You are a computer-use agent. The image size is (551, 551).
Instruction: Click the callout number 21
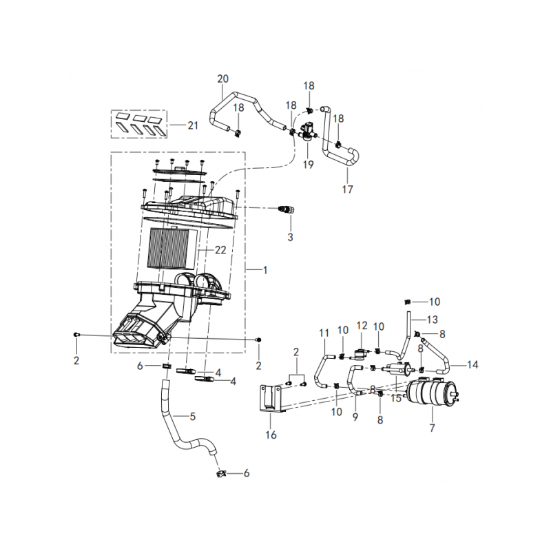(x=193, y=125)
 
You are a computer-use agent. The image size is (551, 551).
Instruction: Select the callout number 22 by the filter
(x=220, y=250)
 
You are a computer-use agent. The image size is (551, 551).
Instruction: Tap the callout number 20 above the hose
(x=222, y=79)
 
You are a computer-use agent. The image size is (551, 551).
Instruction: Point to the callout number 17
(x=348, y=189)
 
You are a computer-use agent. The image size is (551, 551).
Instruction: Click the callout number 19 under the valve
(x=308, y=165)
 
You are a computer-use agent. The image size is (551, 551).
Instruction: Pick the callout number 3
(x=290, y=237)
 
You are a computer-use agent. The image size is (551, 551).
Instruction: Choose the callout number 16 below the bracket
(x=271, y=435)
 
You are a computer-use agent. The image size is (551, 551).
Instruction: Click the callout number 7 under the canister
(x=433, y=428)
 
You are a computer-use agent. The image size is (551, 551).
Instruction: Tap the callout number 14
(x=472, y=364)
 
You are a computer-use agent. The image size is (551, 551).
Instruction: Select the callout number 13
(x=433, y=320)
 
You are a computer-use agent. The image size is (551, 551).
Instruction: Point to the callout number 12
(x=362, y=325)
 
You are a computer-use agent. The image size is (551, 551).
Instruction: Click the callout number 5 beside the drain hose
(x=193, y=417)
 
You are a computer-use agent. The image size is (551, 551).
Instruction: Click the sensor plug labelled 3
(x=286, y=210)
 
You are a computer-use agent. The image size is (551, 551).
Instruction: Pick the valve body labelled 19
(x=308, y=132)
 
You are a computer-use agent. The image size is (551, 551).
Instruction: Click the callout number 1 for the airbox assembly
(x=265, y=270)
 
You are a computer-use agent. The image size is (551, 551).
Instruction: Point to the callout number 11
(x=324, y=333)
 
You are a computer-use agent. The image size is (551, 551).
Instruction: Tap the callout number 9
(x=355, y=417)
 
